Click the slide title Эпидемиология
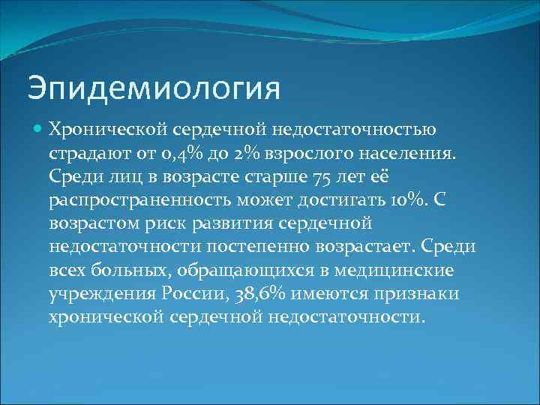pyautogui.click(x=154, y=87)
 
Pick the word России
pyautogui.click(x=197, y=294)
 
